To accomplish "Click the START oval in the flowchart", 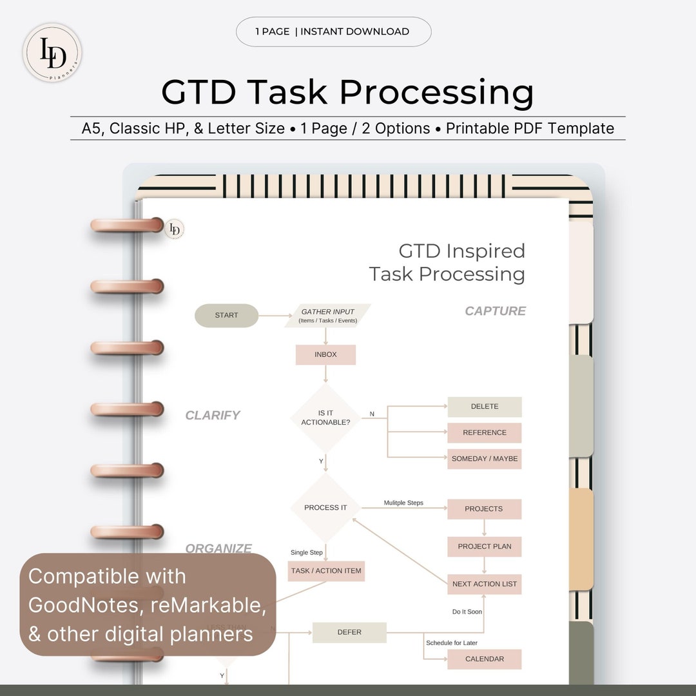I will point(226,316).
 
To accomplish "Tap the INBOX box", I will point(325,354).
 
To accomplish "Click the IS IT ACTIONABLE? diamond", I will point(325,418).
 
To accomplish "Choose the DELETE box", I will point(485,407).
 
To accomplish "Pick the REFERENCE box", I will point(485,432).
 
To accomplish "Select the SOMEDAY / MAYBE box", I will point(485,459).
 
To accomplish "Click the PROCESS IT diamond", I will point(325,508).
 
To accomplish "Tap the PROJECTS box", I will point(484,508).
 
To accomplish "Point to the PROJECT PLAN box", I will point(485,546).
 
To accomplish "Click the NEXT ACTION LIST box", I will point(485,584).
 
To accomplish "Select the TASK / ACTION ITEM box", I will point(326,571).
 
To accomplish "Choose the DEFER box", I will point(349,632).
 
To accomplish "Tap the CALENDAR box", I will point(485,659).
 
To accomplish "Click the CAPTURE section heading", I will point(495,311).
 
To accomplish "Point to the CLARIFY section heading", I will point(213,416).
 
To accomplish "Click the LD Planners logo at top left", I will point(52,53).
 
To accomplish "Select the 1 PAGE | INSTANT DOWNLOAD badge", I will point(333,32).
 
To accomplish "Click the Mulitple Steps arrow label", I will point(403,503).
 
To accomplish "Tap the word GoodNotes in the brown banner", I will point(74,605).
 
